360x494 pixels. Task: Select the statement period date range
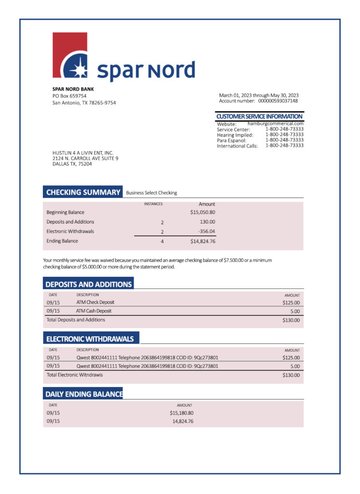[259, 95]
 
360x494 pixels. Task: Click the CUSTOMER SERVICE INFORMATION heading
[259, 116]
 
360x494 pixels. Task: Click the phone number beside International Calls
[284, 145]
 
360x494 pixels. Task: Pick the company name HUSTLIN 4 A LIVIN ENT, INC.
[83, 153]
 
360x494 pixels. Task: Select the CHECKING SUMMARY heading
[83, 192]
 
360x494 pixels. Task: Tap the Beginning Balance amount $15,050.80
[203, 212]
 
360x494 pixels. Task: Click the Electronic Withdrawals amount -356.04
[207, 232]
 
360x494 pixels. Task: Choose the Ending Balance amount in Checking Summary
[203, 241]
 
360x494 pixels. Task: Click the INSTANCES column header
[153, 204]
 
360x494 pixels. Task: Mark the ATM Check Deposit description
[95, 302]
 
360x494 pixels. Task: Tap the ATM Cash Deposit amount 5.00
[295, 312]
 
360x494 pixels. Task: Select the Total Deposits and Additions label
[76, 320]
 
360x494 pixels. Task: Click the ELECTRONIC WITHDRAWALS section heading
[89, 339]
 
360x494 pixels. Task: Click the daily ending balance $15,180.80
[181, 413]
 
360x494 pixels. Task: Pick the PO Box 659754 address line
[69, 96]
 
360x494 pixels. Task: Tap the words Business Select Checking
[152, 193]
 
